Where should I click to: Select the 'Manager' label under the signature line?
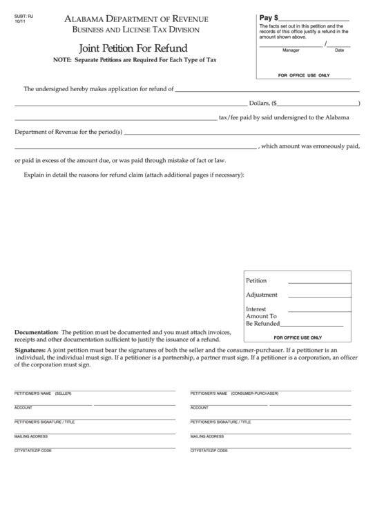point(291,50)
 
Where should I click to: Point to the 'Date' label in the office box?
point(339,50)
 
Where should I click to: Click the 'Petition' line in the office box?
point(256,281)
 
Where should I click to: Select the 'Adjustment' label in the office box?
point(262,295)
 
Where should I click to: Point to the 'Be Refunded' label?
point(262,323)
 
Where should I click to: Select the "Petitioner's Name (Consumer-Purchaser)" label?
point(234,393)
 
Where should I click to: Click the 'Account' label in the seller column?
point(23,407)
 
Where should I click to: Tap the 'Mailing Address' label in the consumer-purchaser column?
point(207,436)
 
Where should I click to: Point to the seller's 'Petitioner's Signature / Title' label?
point(44,422)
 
